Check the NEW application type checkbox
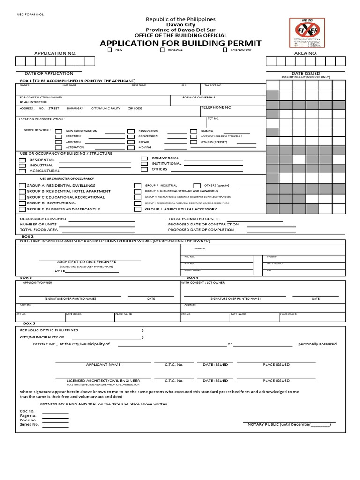(110, 49)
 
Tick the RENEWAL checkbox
(162, 49)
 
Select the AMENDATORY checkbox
(225, 49)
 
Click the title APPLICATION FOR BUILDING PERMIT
(180, 43)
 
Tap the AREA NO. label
(306, 54)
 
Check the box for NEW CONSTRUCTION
(59, 131)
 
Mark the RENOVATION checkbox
(131, 131)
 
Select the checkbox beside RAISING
(193, 131)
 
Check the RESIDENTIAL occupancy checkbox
(22, 160)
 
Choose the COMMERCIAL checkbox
(144, 158)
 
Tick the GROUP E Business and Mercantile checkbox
(22, 209)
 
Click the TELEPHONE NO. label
(216, 107)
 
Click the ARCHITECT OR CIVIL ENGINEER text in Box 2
(87, 262)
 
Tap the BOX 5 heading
(29, 323)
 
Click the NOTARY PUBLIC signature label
(289, 424)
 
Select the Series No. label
(29, 424)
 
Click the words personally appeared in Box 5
(317, 344)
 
